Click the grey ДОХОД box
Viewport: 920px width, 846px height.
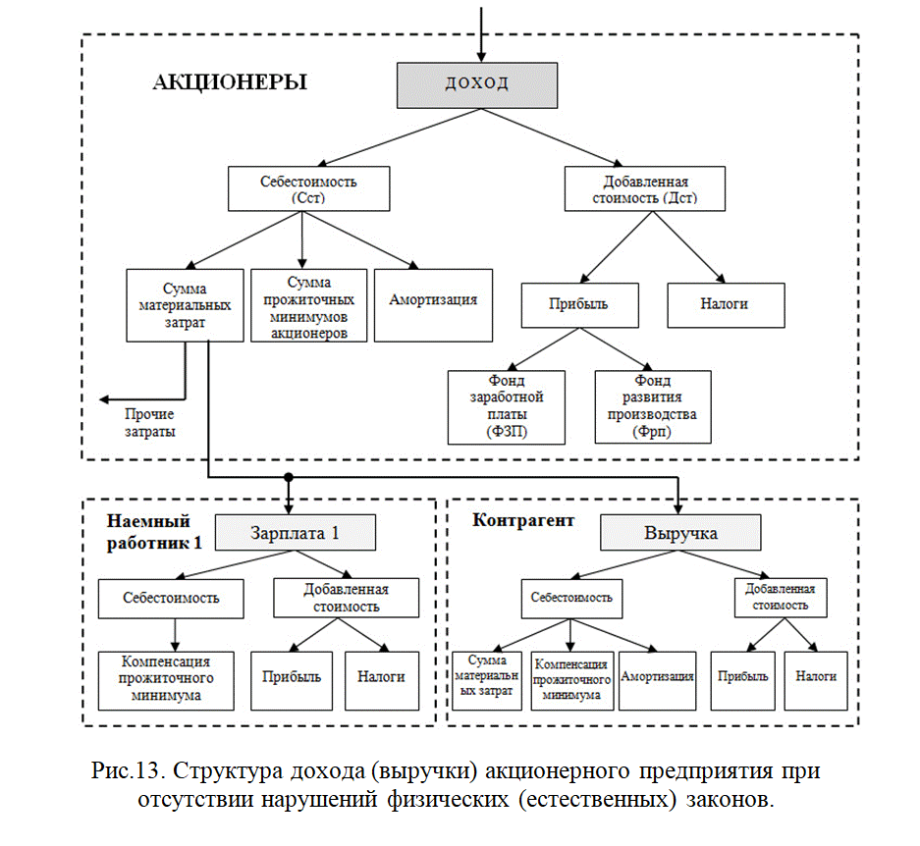(x=477, y=85)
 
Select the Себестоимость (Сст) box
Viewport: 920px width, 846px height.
(x=308, y=188)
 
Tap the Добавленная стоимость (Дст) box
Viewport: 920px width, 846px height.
(x=645, y=188)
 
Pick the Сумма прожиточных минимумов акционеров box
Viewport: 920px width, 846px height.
(x=308, y=305)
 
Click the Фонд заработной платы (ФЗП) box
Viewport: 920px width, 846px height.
(x=507, y=407)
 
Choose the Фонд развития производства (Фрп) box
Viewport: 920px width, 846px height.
(x=653, y=406)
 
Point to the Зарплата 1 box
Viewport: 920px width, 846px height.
(x=296, y=533)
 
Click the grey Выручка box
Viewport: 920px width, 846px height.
(x=680, y=533)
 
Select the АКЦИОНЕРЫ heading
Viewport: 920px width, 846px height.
(x=230, y=82)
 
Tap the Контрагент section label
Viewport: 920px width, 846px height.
(x=523, y=520)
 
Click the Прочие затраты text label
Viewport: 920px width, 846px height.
(x=149, y=423)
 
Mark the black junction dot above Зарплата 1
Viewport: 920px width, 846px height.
(x=288, y=478)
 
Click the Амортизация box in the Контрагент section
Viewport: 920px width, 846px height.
(x=657, y=681)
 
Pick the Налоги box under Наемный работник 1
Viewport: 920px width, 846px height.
(x=382, y=681)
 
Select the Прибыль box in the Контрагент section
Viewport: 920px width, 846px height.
(x=743, y=681)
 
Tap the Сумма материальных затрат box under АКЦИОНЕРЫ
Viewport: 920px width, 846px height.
(x=185, y=305)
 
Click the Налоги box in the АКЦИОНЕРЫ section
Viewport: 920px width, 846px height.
(x=726, y=305)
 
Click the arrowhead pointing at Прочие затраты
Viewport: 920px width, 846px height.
(x=104, y=399)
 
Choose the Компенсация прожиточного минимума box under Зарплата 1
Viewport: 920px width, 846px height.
(x=166, y=681)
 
